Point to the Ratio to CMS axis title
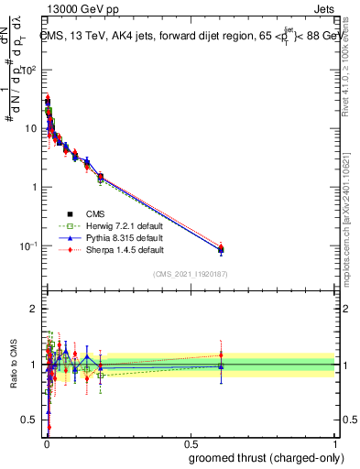(x=12, y=365)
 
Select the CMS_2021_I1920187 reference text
(x=190, y=273)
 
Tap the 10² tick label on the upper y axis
(x=29, y=70)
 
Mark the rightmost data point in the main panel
(x=220, y=249)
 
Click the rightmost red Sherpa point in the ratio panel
(x=220, y=354)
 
